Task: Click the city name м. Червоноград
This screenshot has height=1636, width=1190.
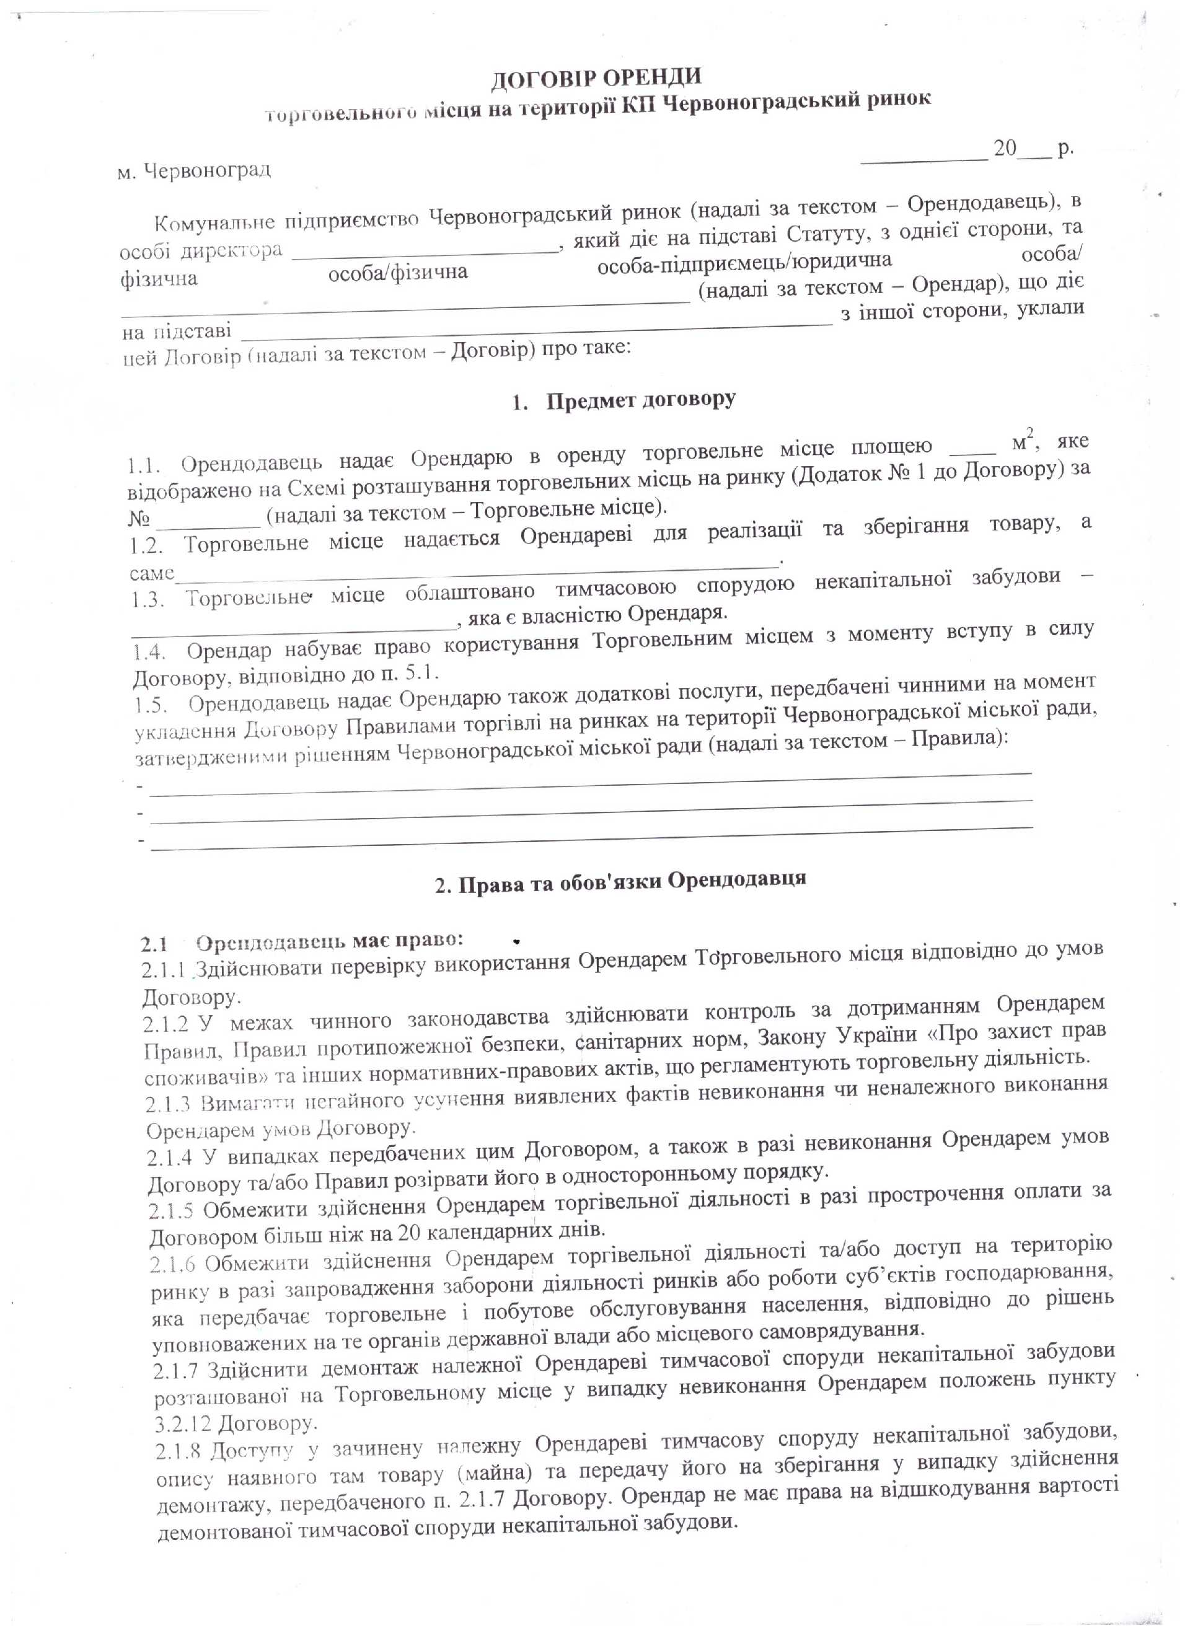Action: [194, 171]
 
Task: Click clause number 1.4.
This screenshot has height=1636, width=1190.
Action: [151, 652]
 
